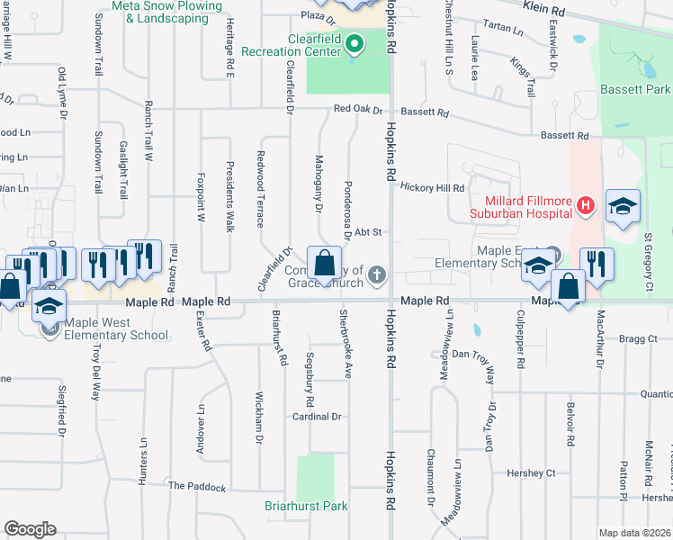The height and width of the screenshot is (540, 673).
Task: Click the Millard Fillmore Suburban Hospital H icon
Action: click(x=586, y=205)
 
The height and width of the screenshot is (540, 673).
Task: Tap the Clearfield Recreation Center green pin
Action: click(x=354, y=42)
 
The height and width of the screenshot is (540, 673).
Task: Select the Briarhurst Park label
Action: click(x=306, y=506)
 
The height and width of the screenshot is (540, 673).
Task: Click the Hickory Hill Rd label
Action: click(x=432, y=188)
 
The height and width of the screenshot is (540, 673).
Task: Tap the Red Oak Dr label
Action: click(x=352, y=109)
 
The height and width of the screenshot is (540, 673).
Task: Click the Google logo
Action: click(x=30, y=529)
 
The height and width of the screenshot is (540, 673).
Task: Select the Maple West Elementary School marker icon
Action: click(x=49, y=328)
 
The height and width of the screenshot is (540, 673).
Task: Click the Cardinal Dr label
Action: click(x=317, y=417)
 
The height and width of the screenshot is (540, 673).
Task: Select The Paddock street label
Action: click(x=197, y=486)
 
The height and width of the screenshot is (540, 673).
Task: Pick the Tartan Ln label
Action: click(x=503, y=28)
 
